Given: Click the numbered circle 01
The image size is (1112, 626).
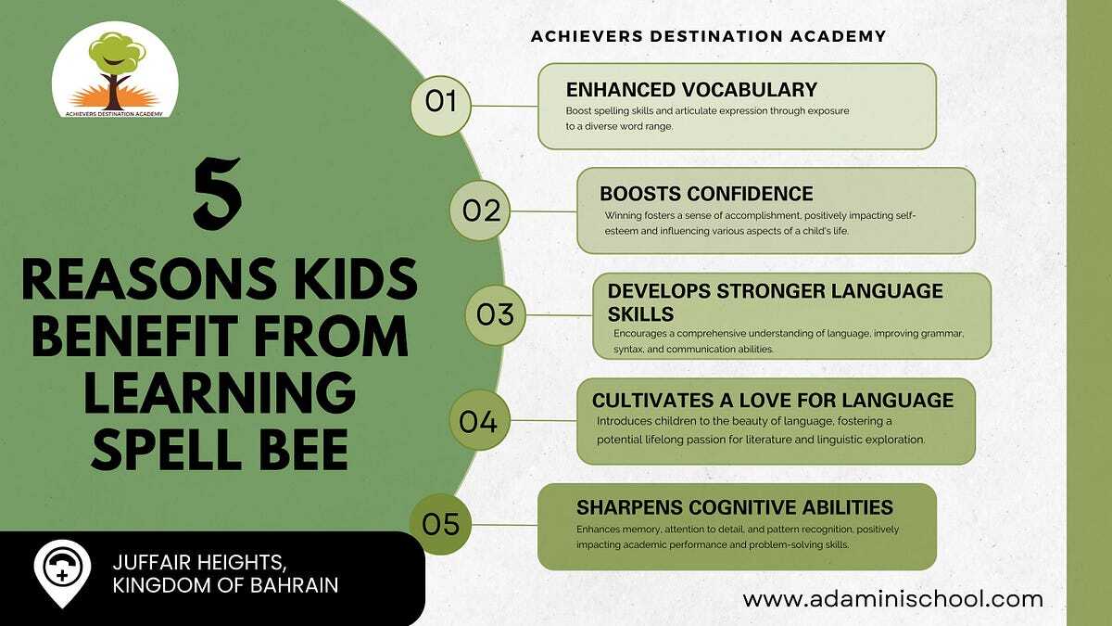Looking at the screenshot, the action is pos(441,106).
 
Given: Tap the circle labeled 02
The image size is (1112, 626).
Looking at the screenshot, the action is pos(480,211).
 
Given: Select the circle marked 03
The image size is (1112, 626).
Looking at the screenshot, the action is pos(496,315).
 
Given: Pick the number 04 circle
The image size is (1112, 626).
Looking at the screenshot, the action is pos(480,420).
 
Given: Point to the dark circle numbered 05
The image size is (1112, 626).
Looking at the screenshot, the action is pos(440,524).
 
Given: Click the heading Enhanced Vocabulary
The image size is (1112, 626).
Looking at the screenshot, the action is pos(691,90).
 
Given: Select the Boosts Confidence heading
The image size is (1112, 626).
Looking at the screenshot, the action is pos(706,193).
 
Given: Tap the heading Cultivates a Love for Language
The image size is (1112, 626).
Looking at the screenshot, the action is pos(773,400).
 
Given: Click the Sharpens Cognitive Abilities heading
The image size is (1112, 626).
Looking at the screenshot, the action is pos(735,507).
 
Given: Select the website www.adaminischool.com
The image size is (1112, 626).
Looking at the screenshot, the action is pos(892,599).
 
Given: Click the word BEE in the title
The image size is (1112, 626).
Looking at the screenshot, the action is pos(304,450).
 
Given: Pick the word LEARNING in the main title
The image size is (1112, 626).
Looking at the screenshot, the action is pos(220,392).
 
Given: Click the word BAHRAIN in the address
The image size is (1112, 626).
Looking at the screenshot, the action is pos(294,585).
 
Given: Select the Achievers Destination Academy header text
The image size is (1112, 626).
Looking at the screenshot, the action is pos(708,36).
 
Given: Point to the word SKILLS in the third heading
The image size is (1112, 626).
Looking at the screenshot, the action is pos(641,314).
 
